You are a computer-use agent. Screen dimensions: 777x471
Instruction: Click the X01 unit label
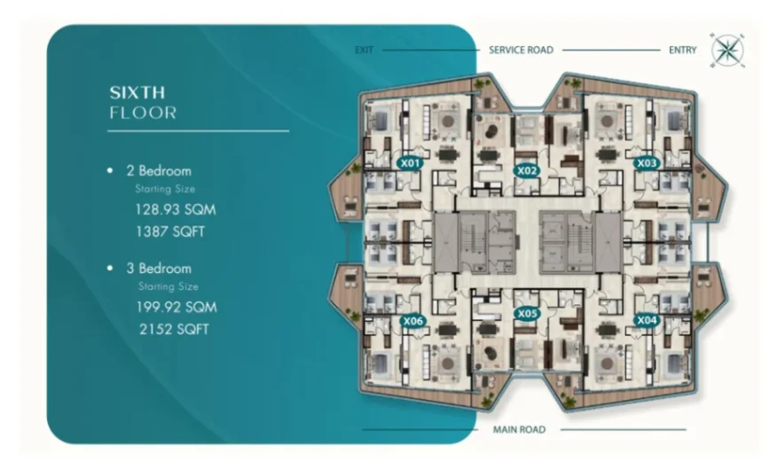pos(411,162)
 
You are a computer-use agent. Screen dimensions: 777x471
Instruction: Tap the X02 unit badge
pos(527,171)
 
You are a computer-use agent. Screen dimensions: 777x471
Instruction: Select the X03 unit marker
pos(647,162)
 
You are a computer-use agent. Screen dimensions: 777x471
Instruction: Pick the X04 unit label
pos(647,320)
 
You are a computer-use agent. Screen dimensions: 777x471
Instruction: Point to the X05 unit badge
pos(527,313)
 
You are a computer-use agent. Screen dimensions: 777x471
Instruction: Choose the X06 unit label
pos(412,321)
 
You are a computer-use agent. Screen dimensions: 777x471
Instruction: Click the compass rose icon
pos(727,51)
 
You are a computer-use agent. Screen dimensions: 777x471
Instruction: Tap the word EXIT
pos(365,50)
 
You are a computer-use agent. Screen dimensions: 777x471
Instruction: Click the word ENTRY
pos(683,50)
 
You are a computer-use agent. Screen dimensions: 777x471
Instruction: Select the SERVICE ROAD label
pos(521,50)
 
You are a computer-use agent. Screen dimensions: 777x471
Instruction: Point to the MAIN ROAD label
pos(519,430)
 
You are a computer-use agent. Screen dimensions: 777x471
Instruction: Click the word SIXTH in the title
pos(137,93)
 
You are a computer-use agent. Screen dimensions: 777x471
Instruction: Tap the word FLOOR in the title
pos(143,113)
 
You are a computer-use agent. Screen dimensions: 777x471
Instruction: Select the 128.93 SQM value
pos(176,209)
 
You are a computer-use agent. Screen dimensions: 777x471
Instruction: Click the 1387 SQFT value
pos(170,232)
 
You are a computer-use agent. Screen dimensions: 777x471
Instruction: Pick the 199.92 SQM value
pos(177,308)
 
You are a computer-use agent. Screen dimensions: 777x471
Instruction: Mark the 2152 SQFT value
pos(174,329)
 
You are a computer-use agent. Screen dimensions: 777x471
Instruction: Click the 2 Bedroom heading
pos(159,171)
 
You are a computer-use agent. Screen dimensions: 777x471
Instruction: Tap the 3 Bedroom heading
pos(159,269)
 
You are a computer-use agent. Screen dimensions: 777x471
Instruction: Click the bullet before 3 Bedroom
pos(110,268)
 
